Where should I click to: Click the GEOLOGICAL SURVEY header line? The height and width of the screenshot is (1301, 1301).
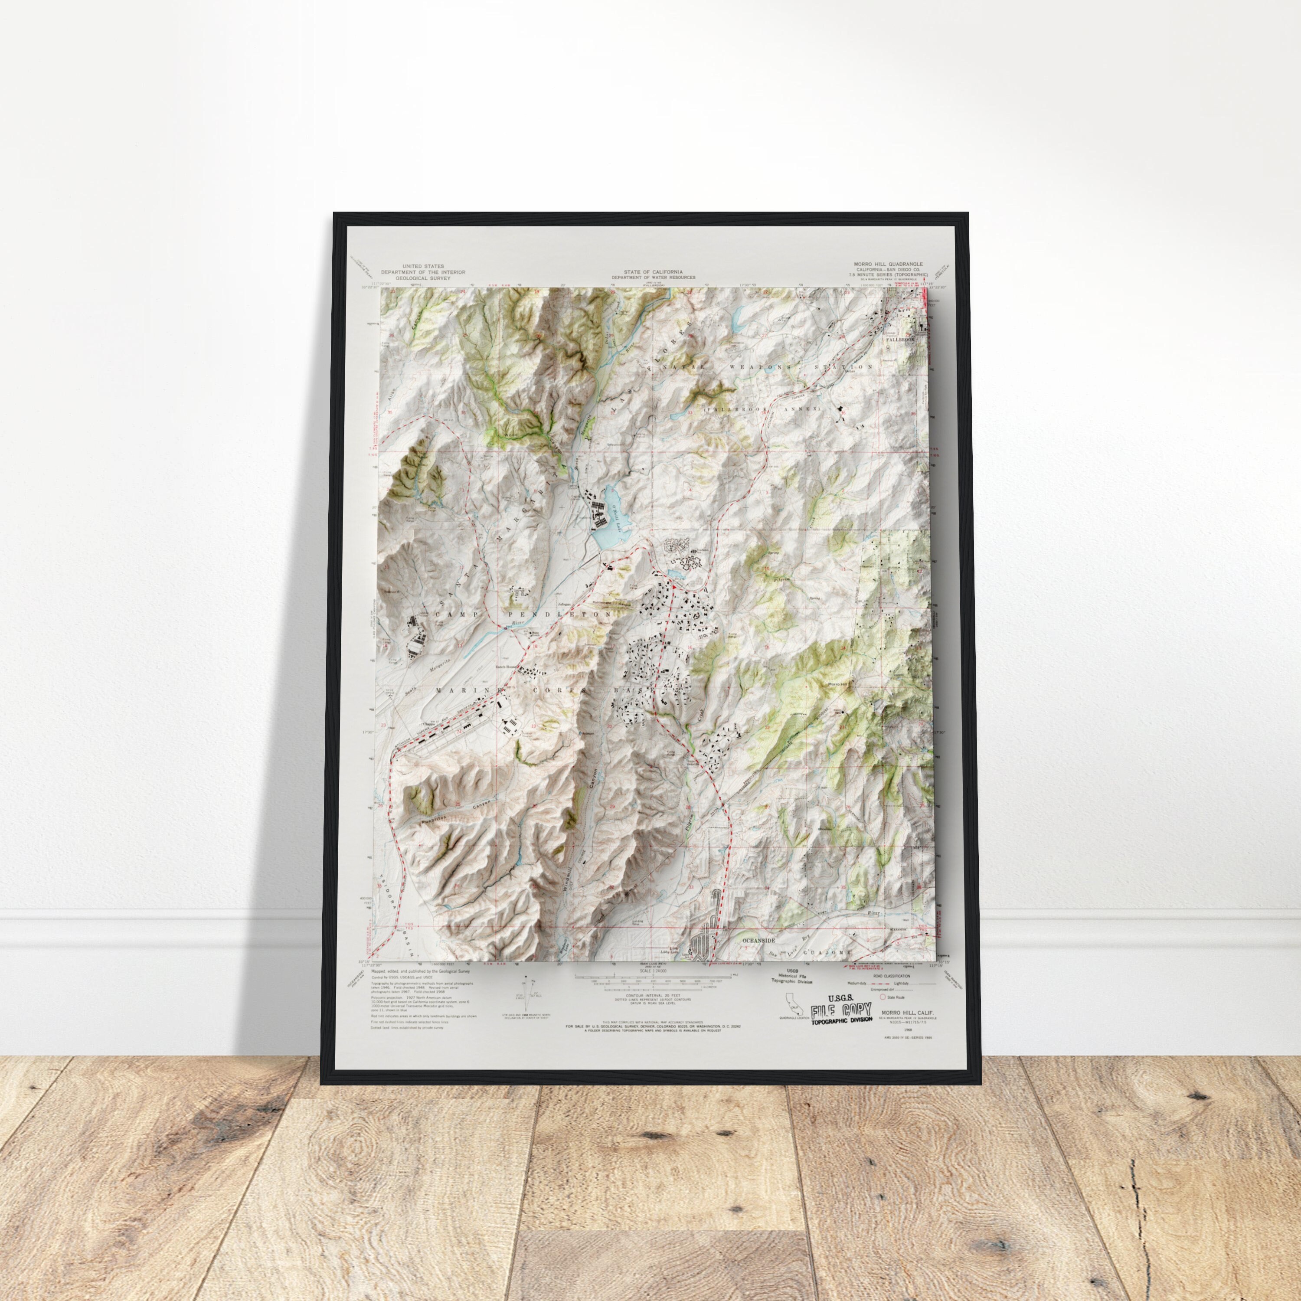click(422, 278)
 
